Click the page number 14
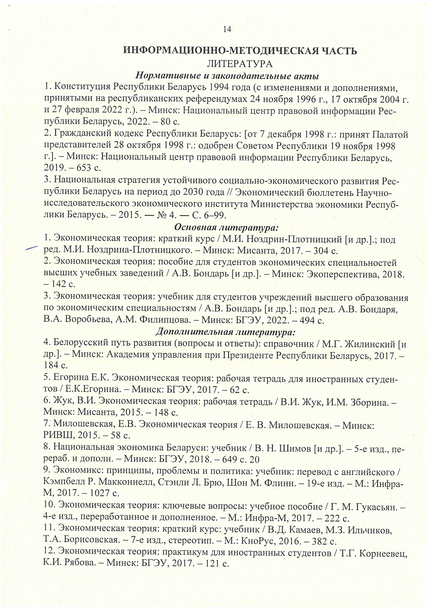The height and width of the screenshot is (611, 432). tap(227, 29)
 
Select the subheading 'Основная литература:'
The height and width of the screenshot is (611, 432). tap(226, 228)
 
